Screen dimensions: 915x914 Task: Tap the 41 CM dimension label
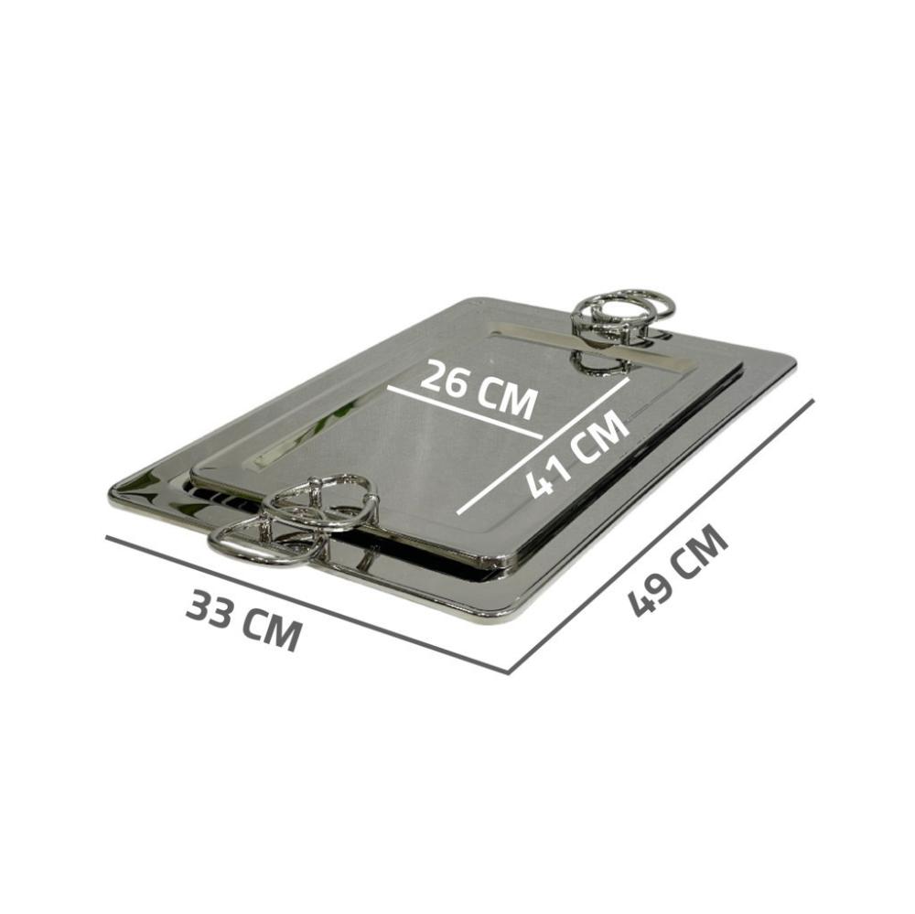click(577, 453)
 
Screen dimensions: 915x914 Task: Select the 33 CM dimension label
click(244, 619)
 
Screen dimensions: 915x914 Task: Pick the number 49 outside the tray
click(647, 596)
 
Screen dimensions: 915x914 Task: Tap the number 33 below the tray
click(210, 608)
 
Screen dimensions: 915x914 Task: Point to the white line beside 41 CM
click(544, 446)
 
